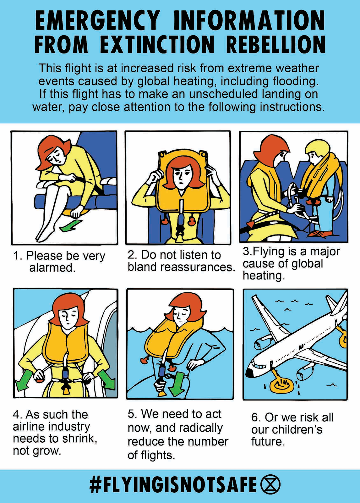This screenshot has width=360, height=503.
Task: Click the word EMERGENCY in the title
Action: (97, 20)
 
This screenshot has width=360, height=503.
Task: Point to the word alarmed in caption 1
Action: (52, 268)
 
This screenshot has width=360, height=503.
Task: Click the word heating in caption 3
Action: (264, 275)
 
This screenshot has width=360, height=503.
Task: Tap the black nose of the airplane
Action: (249, 373)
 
